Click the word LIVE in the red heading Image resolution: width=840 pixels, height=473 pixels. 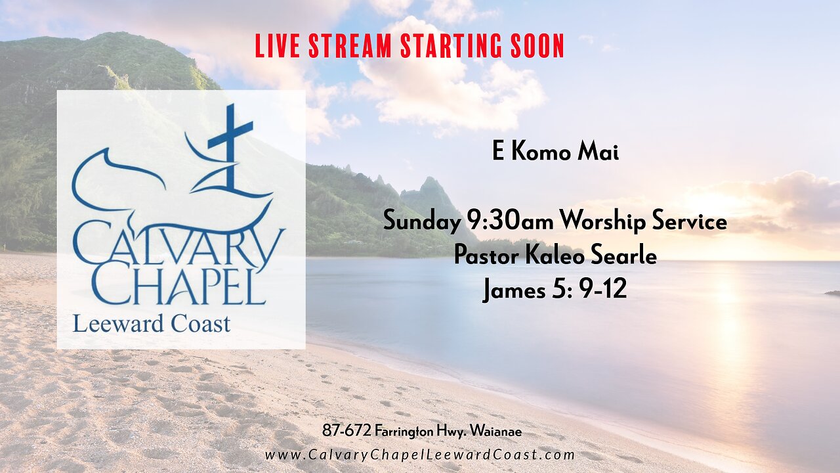[x=277, y=46]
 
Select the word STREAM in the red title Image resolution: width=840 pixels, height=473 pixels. [x=349, y=46]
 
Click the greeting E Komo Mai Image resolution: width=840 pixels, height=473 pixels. [x=555, y=152]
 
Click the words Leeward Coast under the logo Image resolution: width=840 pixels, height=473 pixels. [x=152, y=324]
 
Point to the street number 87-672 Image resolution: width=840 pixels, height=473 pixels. [x=346, y=432]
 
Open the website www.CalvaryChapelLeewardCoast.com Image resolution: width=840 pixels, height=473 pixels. [x=420, y=455]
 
